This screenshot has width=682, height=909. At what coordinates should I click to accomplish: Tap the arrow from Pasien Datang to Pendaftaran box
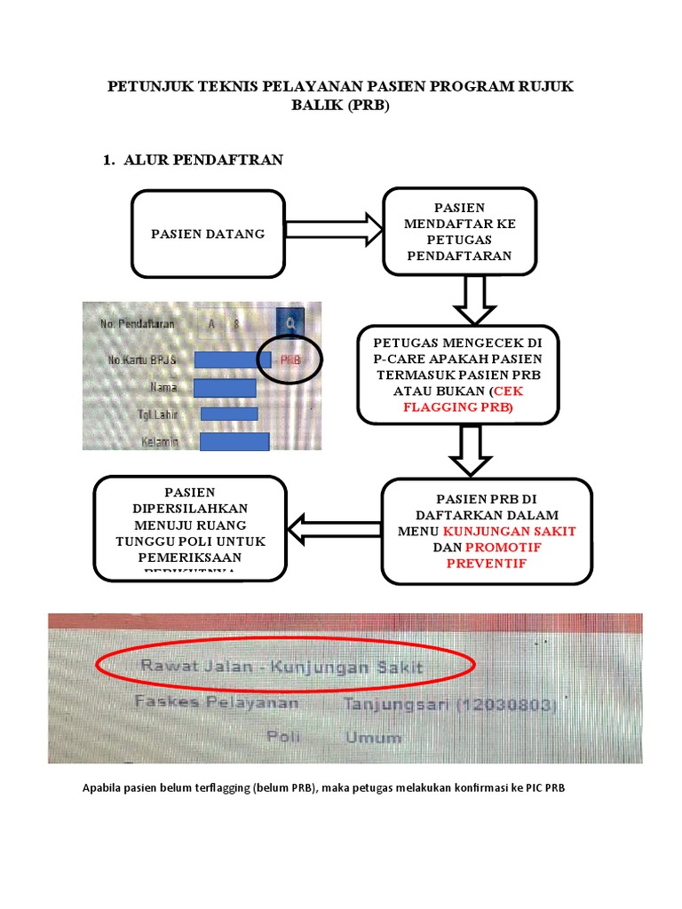pos(328,228)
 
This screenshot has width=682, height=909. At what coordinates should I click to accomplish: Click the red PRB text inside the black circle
pos(290,360)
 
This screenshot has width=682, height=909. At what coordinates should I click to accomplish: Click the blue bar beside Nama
pos(224,388)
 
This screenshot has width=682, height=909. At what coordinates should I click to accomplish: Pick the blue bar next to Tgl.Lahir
pos(228,414)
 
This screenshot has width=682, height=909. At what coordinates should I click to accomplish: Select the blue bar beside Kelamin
pos(234,441)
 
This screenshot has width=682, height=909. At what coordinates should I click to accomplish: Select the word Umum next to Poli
pos(374,737)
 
